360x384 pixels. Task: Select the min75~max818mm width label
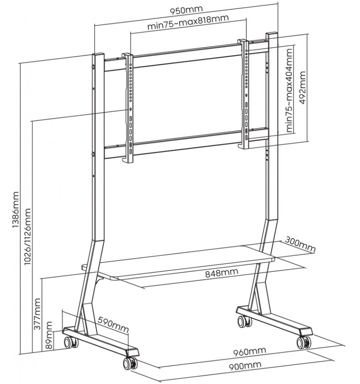pos(188,22)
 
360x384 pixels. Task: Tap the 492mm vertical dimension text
pos(302,87)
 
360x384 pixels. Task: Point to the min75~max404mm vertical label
pos(289,90)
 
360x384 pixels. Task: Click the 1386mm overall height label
pos(16,210)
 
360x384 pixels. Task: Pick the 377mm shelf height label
pos(37,314)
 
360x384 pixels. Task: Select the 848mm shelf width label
pos(222,273)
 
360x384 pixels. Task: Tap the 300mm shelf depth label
pos(300,245)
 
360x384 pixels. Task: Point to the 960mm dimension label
pos(249,352)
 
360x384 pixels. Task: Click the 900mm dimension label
pos(245,366)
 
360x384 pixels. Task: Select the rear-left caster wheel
pos(71,342)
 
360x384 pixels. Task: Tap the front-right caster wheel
pos(304,342)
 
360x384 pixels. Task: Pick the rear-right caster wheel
pos(244,321)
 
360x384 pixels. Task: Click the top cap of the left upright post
pos(98,54)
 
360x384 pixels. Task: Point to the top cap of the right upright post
pos(272,34)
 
